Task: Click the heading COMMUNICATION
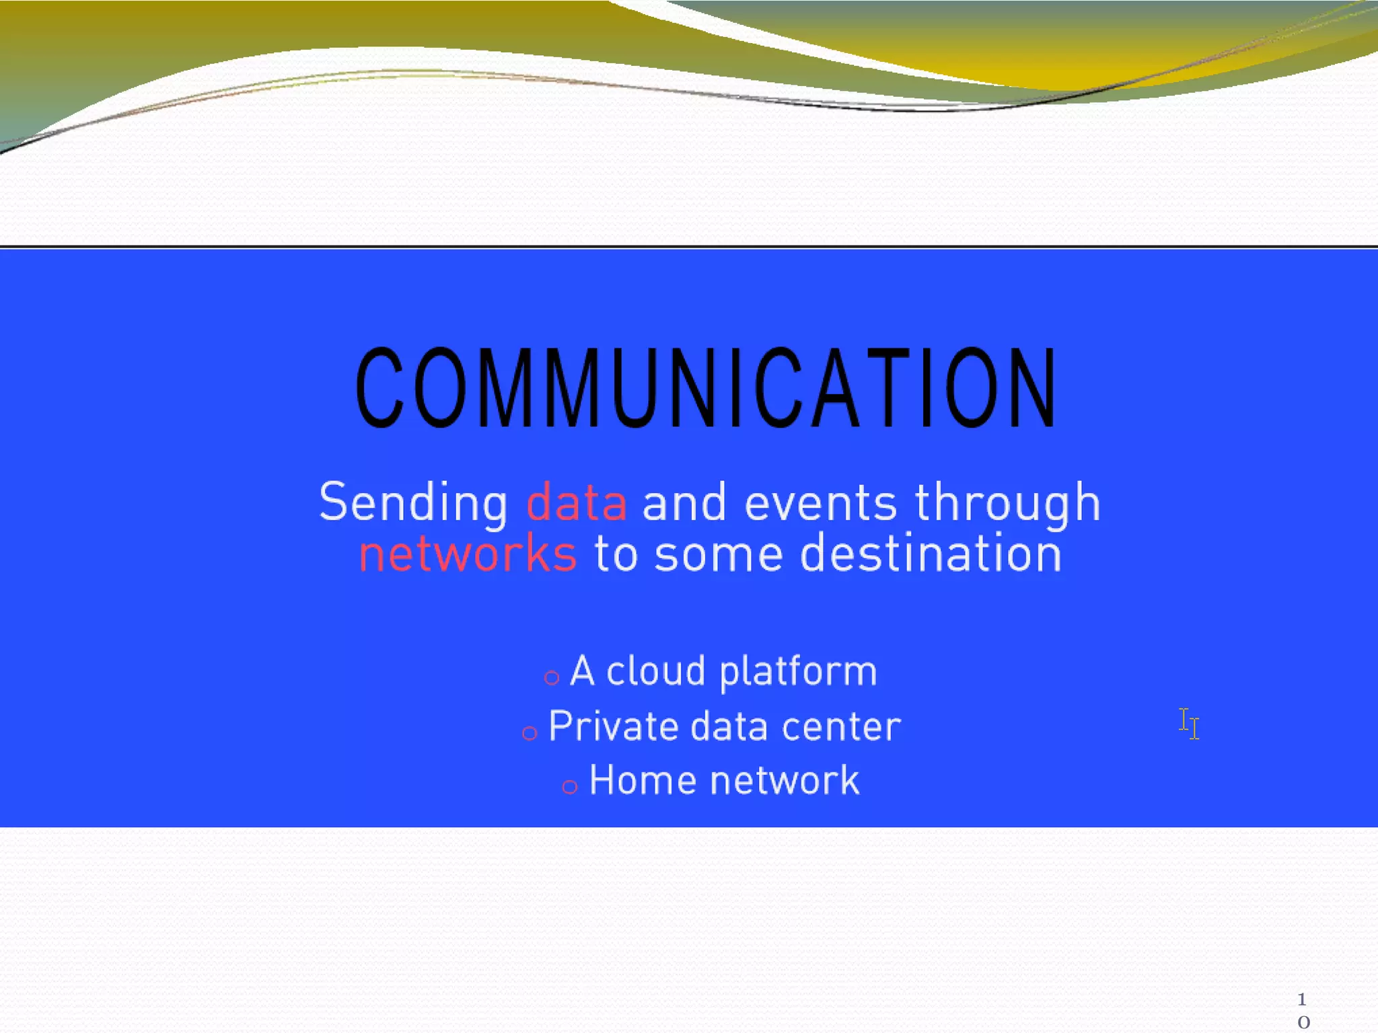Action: [x=706, y=388]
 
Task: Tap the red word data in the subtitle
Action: [x=577, y=502]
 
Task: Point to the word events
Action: [x=820, y=503]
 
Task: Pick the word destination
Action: [x=931, y=553]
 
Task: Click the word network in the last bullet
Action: [x=785, y=781]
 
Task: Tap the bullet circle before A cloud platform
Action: [x=552, y=678]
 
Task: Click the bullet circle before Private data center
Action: [x=530, y=733]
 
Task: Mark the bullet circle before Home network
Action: [x=570, y=787]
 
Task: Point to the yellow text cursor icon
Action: [x=1189, y=724]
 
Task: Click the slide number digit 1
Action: [x=1302, y=999]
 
